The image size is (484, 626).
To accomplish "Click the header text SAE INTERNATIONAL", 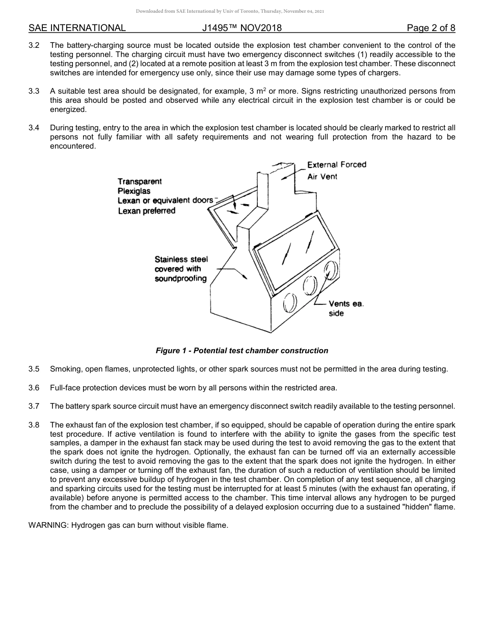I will click(77, 28).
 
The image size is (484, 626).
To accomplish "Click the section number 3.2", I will click(34, 45).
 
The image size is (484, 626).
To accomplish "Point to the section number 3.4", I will click(34, 128).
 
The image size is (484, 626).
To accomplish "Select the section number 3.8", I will click(34, 424).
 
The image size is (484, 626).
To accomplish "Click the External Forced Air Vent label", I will click(336, 170).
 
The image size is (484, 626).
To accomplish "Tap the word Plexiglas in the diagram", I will click(134, 191).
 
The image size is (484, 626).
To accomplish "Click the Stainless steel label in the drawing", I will click(181, 259).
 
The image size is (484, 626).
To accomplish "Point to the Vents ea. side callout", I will click(345, 308).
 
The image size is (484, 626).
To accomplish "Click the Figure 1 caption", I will click(242, 351).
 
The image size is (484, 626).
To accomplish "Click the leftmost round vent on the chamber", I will click(289, 303).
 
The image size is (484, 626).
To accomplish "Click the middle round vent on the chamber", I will click(310, 287).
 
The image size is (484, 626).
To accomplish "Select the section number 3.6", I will click(34, 387).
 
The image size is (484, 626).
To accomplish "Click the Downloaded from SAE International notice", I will click(230, 11).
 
